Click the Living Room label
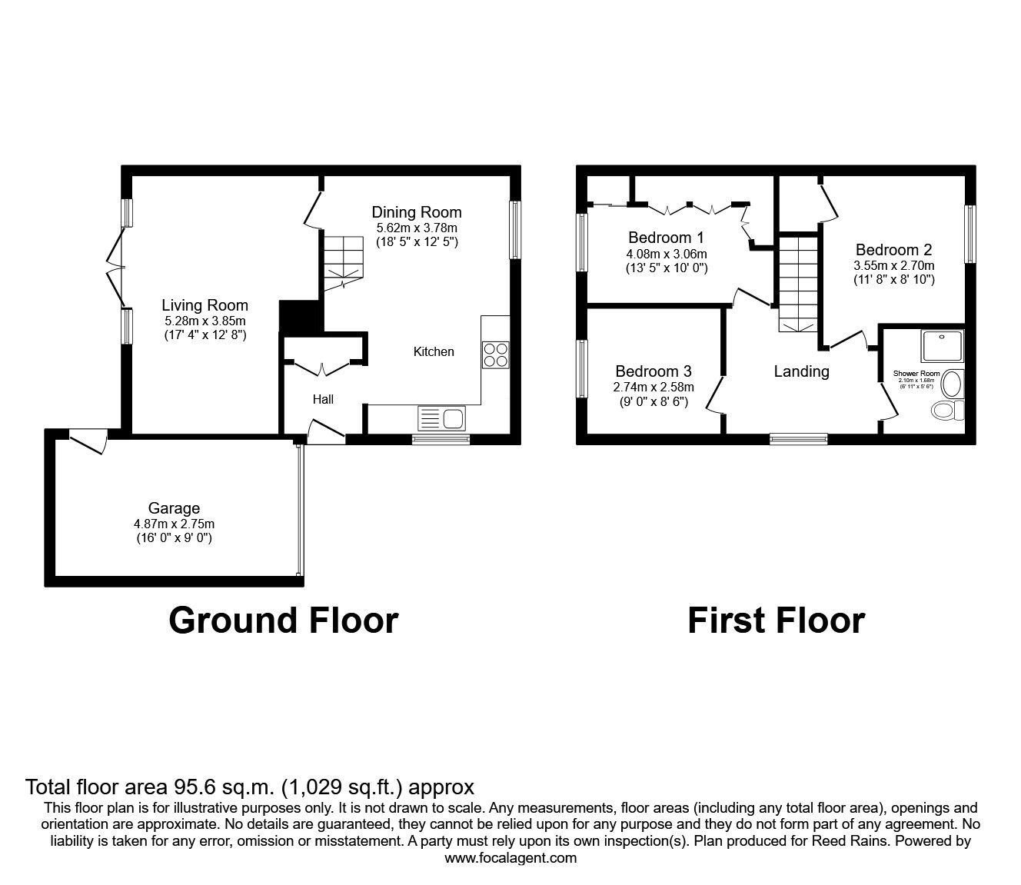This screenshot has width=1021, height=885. (205, 305)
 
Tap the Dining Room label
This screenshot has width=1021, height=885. (416, 212)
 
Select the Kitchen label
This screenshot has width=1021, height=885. (434, 351)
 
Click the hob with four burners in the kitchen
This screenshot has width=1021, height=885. (494, 354)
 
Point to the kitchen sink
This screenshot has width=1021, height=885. (441, 419)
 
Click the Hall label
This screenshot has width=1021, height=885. (323, 399)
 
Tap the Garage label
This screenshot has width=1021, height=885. (174, 508)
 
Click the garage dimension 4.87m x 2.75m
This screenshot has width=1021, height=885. (174, 524)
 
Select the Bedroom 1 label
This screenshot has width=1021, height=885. (666, 238)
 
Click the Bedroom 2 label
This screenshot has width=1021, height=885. (893, 250)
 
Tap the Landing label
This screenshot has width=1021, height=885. (801, 371)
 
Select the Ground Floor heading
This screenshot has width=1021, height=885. (283, 620)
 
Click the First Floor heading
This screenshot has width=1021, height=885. (776, 620)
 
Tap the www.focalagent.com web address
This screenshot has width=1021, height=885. (510, 858)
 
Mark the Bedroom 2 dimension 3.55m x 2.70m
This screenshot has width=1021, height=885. (893, 265)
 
